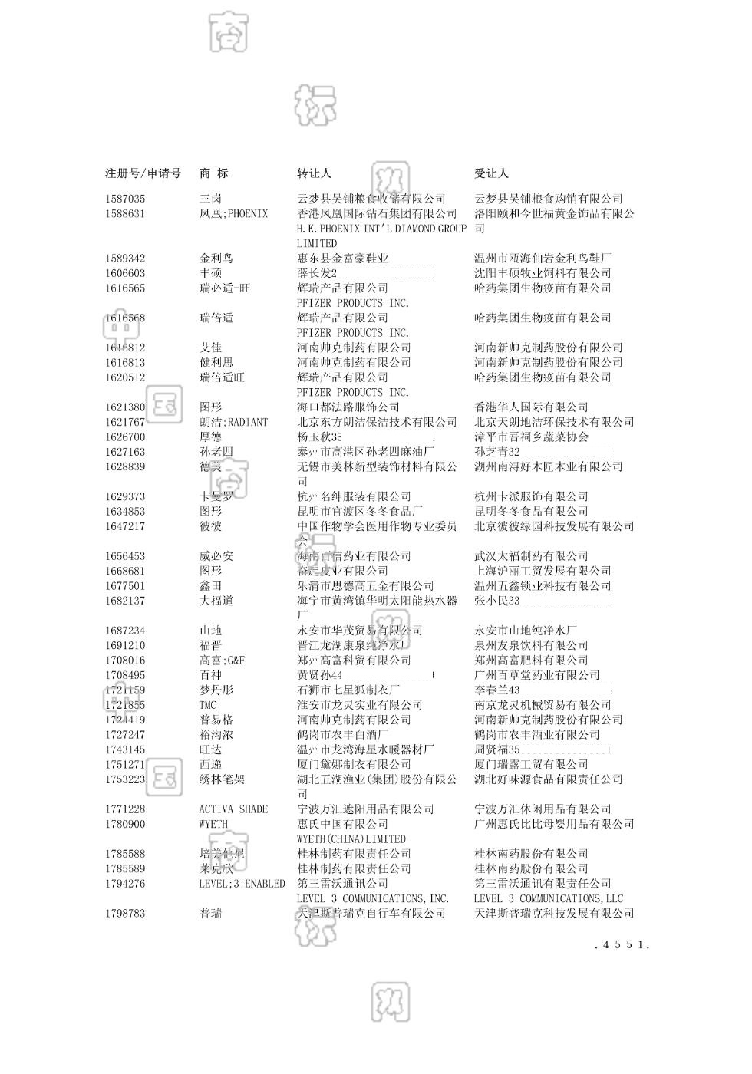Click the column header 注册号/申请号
[143, 173]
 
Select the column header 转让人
[314, 173]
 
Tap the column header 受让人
[491, 173]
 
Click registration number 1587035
[125, 199]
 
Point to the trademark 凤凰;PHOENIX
[233, 214]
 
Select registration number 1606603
[125, 273]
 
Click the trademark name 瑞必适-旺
[225, 288]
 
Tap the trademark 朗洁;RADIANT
[233, 422]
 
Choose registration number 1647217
[125, 526]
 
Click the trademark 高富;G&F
[222, 661]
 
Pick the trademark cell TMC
[208, 705]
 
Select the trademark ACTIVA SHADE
[233, 809]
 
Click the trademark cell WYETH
[213, 824]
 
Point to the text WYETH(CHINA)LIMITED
[351, 839]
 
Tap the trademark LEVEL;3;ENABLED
[242, 884]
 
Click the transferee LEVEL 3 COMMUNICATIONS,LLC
[548, 898]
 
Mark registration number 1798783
[125, 914]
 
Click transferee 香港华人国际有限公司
[531, 407]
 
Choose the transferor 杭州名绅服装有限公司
[354, 496]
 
